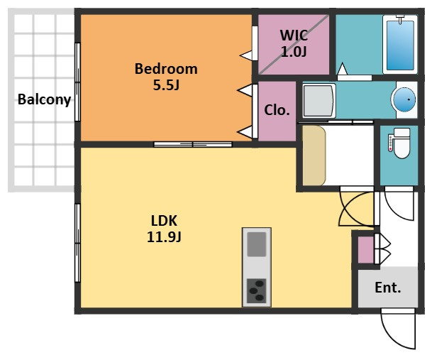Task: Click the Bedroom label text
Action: pyautogui.click(x=166, y=69)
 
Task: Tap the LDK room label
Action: pyautogui.click(x=164, y=221)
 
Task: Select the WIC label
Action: pyautogui.click(x=294, y=36)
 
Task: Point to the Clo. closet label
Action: pyautogui.click(x=277, y=110)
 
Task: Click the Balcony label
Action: pyautogui.click(x=45, y=99)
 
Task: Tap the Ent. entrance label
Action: pyautogui.click(x=387, y=288)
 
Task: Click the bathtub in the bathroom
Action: pyautogui.click(x=400, y=45)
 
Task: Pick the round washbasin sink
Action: pyautogui.click(x=404, y=99)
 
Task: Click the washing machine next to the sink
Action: pyautogui.click(x=319, y=101)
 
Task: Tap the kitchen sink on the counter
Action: pyautogui.click(x=257, y=244)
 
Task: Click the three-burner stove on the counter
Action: pyautogui.click(x=257, y=290)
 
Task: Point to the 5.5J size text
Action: pyautogui.click(x=166, y=85)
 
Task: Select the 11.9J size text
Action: pyautogui.click(x=164, y=237)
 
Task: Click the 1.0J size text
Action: pyautogui.click(x=294, y=52)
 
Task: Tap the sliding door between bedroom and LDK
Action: pyautogui.click(x=193, y=144)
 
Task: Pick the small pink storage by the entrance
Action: pyautogui.click(x=365, y=250)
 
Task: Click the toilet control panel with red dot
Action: pyautogui.click(x=390, y=143)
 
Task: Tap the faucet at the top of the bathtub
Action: pyautogui.click(x=400, y=19)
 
